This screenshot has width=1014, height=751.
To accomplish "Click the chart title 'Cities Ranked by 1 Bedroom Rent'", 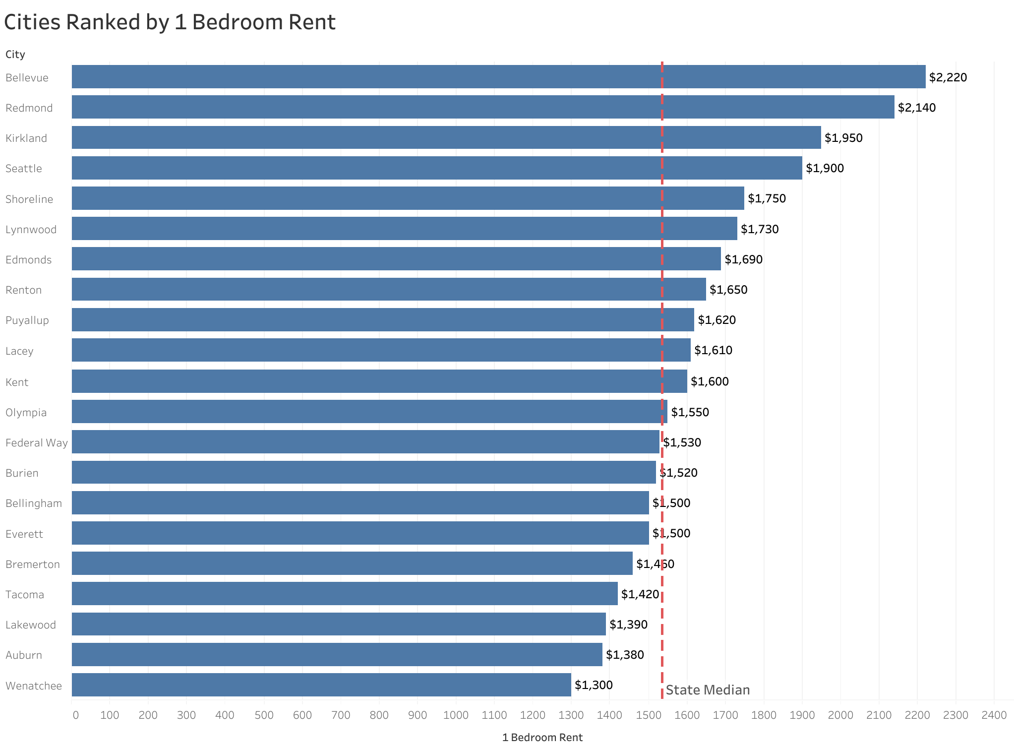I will [170, 23].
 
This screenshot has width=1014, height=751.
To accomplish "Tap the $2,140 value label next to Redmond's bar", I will [916, 108].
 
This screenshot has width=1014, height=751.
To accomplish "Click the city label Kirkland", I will [26, 138].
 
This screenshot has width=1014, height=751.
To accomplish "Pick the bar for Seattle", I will [436, 168].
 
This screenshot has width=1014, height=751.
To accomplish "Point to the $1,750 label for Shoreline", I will [767, 198].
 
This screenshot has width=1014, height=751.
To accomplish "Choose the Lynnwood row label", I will [31, 230].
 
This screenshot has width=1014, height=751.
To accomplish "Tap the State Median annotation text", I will [707, 690].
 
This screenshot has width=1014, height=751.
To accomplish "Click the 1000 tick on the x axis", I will [456, 715].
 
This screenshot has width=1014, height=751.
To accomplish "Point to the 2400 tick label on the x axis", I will [994, 715].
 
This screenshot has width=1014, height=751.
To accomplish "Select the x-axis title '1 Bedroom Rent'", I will [542, 738].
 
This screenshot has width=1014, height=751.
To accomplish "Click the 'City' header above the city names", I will [15, 55].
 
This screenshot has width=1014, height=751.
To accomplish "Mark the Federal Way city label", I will [37, 443].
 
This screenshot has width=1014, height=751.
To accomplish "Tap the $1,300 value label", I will [594, 685].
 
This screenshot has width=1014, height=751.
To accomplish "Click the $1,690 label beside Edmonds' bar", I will [743, 259].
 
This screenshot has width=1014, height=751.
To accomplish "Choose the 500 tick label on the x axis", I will [264, 715].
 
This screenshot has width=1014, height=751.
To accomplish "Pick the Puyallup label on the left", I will [27, 320].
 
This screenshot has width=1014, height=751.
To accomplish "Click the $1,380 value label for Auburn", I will [625, 655].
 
